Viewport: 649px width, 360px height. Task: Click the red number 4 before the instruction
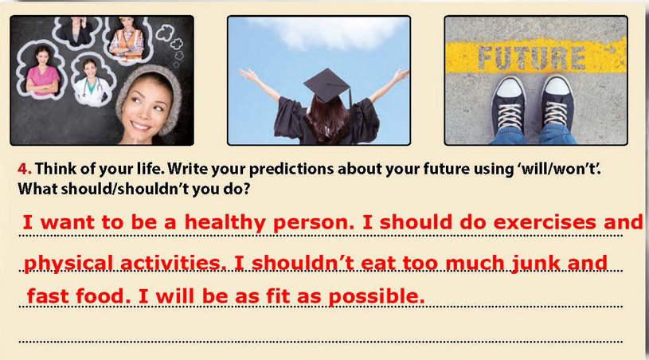(24, 169)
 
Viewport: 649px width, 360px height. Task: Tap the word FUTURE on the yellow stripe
(532, 57)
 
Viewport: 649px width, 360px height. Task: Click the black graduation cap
(327, 86)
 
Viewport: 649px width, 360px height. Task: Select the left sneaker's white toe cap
(510, 88)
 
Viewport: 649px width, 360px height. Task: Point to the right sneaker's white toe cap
(557, 86)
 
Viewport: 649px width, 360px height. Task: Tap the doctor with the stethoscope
(92, 82)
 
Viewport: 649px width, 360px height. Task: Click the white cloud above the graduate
(331, 32)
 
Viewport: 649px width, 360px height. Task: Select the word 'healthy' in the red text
(225, 223)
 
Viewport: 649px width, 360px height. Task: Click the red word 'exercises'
(545, 222)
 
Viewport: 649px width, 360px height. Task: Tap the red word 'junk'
(535, 264)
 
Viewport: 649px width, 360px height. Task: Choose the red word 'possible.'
(377, 297)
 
